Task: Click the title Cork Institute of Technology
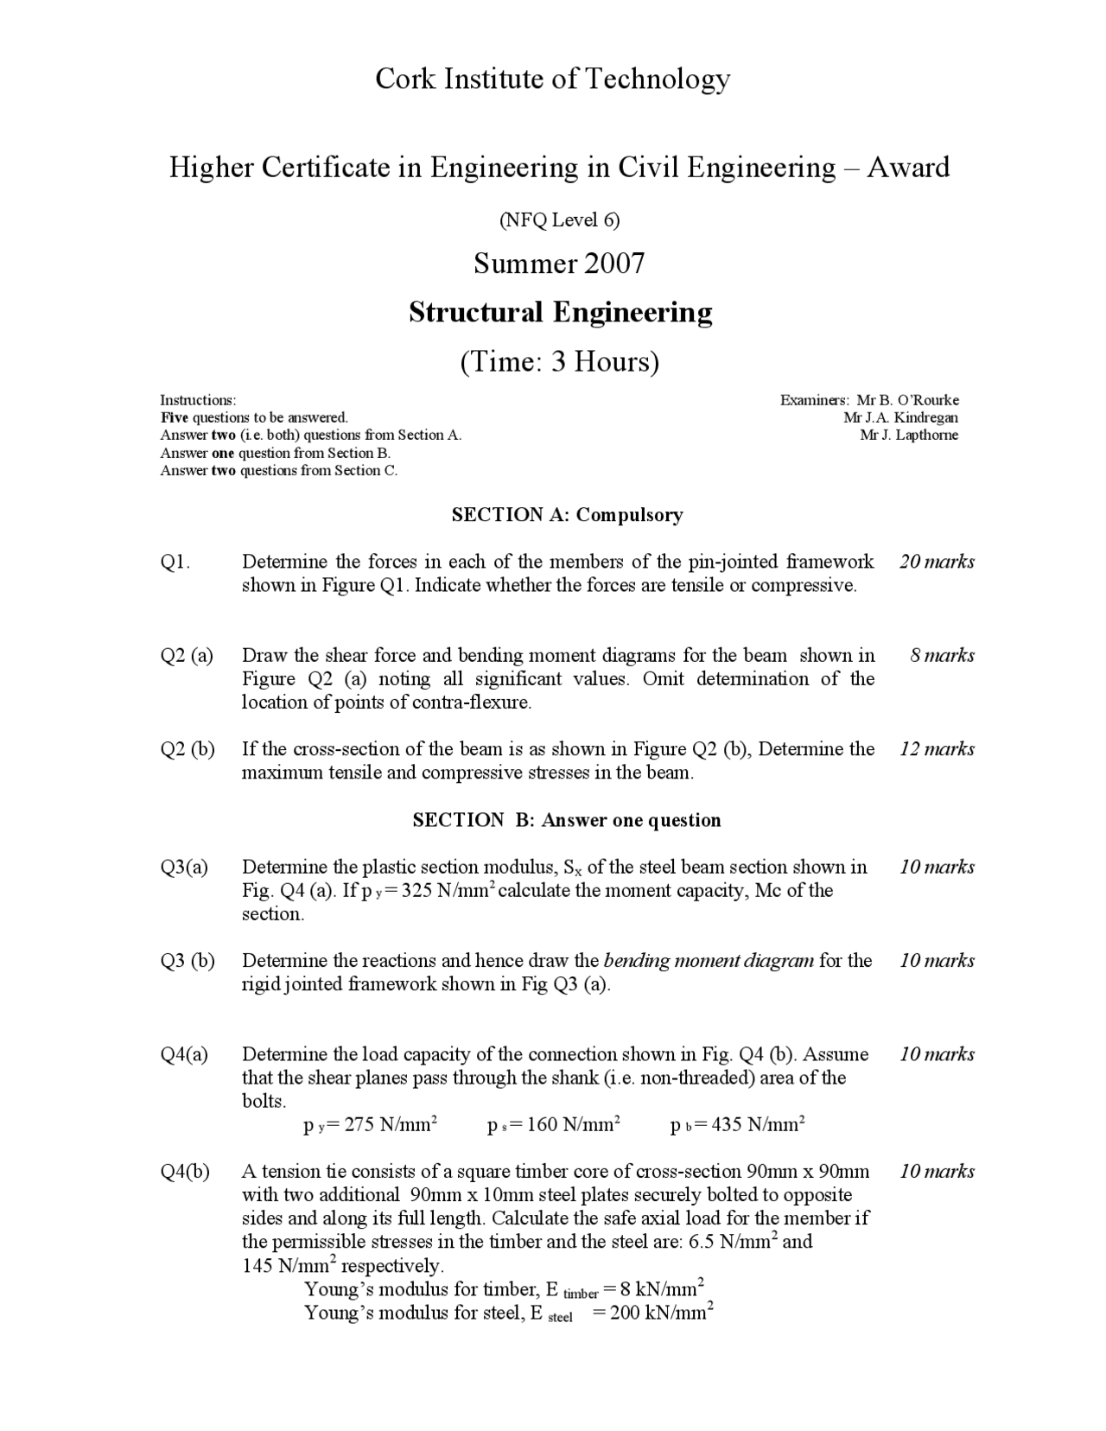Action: tap(552, 79)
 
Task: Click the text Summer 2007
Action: tap(559, 263)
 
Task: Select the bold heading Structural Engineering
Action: tap(560, 312)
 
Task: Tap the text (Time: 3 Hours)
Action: tap(559, 361)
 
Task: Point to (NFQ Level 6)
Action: tap(559, 219)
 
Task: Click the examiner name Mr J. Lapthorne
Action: tap(909, 436)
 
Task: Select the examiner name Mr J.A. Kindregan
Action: tap(900, 418)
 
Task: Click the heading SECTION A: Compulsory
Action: tap(567, 515)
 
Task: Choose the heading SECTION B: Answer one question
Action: tap(567, 820)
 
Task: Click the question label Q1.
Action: tap(175, 563)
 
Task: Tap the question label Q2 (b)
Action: tap(188, 749)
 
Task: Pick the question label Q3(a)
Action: tap(184, 868)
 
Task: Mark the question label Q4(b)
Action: tap(185, 1172)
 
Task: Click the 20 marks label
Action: tap(937, 562)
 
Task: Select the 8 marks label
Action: tap(942, 655)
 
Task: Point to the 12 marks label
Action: tap(937, 749)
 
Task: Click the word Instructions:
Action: tap(198, 400)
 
